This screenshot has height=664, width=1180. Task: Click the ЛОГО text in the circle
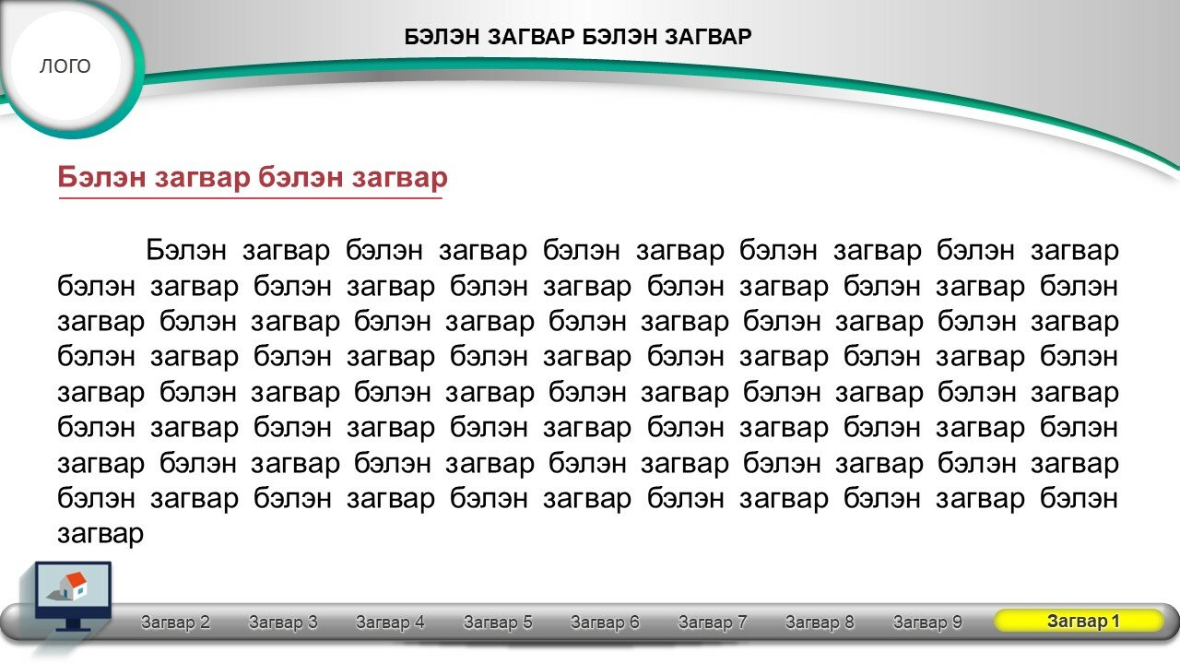point(65,66)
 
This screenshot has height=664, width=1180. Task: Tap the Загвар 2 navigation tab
point(175,622)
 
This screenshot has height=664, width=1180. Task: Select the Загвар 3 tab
point(283,622)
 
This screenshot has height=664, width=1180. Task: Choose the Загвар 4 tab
point(390,622)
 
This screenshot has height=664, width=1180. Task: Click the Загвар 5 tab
point(498,622)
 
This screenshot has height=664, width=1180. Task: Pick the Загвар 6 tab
point(606,622)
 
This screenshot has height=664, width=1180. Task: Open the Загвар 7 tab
point(713,622)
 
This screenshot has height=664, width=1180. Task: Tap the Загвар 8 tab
point(820,622)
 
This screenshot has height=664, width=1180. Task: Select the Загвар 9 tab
point(927,622)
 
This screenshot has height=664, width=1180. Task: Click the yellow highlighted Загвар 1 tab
point(1079,621)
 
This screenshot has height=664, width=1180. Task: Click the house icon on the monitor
point(70,587)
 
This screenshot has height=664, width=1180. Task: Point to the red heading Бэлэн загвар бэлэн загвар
point(253,178)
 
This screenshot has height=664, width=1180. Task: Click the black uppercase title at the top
point(578,37)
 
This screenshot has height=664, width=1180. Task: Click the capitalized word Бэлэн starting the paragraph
point(186,250)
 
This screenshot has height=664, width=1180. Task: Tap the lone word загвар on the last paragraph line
point(100,534)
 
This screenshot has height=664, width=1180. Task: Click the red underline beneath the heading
point(250,198)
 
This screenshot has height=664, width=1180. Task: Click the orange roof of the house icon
point(76,581)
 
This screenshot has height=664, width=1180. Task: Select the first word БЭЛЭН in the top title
point(442,37)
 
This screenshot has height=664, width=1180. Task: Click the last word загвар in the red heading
point(400,178)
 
